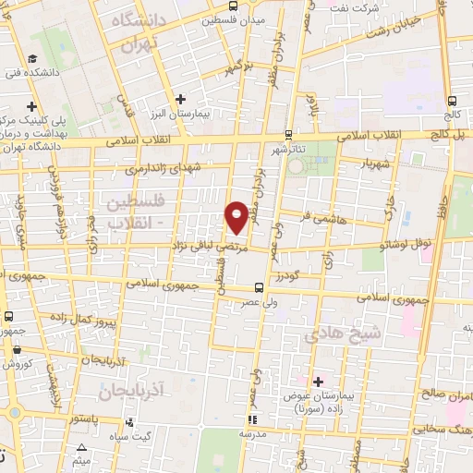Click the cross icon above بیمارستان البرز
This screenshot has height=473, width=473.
coord(180,98)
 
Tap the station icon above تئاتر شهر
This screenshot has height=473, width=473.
coord(289,134)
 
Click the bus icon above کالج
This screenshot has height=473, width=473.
coord(451,102)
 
